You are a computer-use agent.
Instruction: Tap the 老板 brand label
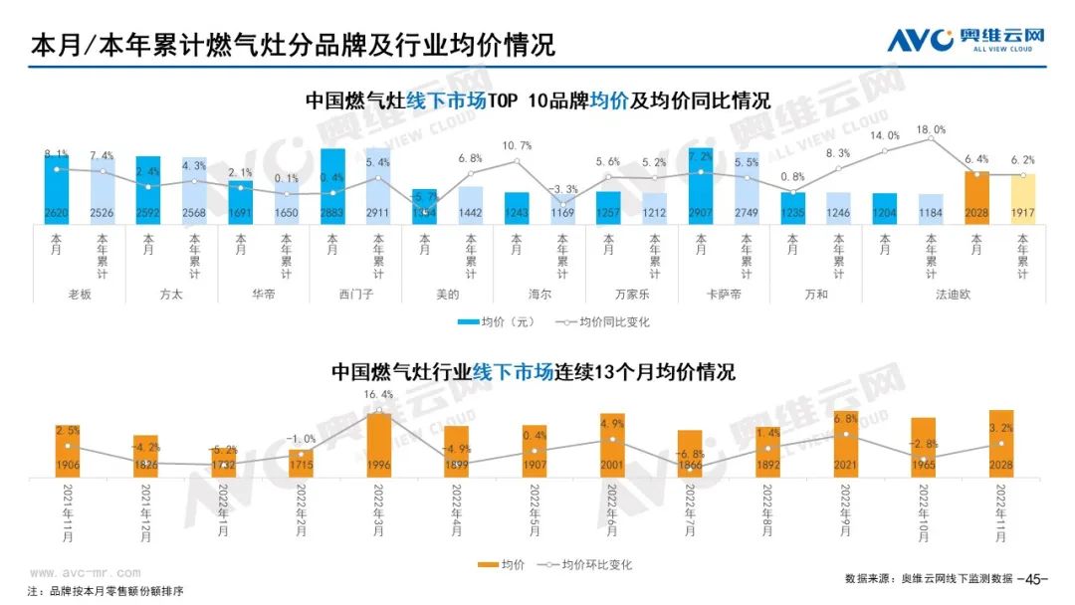coord(79,295)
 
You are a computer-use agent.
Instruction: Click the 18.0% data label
coord(931,129)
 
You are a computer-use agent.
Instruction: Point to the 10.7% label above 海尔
coord(517,145)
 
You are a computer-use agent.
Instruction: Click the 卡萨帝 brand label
coord(724,295)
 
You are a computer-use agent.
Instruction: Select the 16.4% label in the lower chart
coord(378,395)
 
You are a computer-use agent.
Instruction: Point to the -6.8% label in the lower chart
coord(690,455)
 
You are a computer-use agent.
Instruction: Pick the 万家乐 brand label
coord(631,295)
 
